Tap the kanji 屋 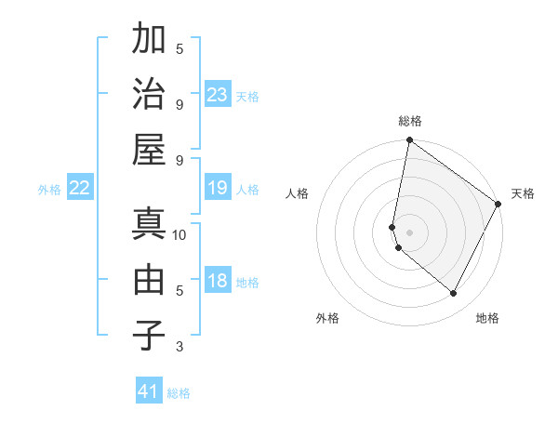(x=149, y=149)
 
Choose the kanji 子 (x=149, y=334)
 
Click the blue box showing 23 (x=218, y=94)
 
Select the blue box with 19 (x=218, y=189)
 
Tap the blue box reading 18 (x=218, y=282)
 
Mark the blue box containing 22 (x=79, y=189)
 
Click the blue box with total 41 (x=149, y=391)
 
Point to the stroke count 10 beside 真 (x=179, y=235)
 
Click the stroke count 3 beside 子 (x=179, y=347)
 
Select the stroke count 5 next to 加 (x=179, y=48)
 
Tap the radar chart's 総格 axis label (x=410, y=121)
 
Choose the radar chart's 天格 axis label (x=523, y=193)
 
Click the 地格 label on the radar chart (x=487, y=318)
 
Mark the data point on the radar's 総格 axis (x=409, y=141)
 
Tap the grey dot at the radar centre (x=409, y=232)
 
